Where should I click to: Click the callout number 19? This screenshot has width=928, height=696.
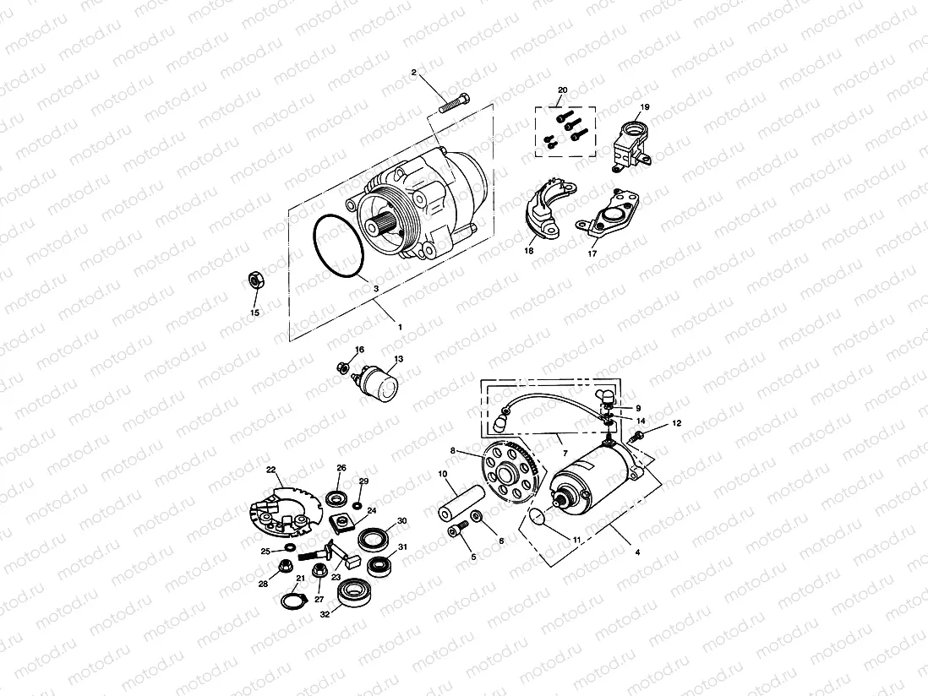(644, 107)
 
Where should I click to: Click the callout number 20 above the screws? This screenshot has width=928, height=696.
(562, 90)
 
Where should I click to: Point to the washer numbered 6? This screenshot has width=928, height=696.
(478, 516)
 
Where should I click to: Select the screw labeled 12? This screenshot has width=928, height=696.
(640, 435)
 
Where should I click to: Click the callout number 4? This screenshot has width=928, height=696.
(637, 552)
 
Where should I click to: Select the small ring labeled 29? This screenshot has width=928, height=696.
(358, 505)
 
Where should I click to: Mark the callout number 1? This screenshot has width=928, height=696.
(400, 326)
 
